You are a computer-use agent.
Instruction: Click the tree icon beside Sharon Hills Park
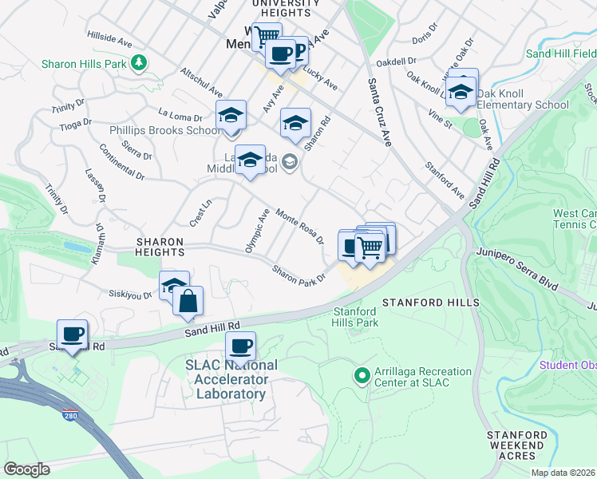pos(140,62)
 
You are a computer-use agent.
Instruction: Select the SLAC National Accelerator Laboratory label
pos(220,379)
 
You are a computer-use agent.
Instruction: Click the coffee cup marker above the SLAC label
pos(240,346)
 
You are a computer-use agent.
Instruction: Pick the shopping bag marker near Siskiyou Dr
pos(188,301)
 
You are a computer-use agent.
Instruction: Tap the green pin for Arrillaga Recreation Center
pos(362,374)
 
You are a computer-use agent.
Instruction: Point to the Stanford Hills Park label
pos(355,317)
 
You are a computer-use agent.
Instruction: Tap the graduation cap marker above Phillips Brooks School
pos(231,114)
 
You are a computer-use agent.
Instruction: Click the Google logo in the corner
pos(26,469)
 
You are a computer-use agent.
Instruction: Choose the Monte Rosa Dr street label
pos(300,226)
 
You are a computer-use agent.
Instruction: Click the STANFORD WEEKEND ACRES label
pos(517,445)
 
